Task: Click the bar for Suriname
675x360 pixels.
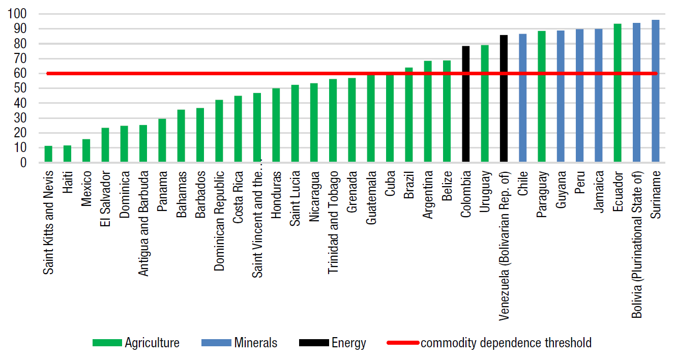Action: coord(655,92)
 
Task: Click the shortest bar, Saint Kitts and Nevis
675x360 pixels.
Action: coord(48,155)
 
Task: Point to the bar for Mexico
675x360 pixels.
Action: coord(86,151)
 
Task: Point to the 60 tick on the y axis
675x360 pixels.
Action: coord(21,74)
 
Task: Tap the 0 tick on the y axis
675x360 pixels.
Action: coord(23,163)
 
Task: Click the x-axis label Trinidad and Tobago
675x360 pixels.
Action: coord(333,216)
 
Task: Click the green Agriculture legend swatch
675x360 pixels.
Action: coord(107,343)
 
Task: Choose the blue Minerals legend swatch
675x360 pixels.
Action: coord(216,343)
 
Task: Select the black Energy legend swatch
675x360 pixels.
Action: coord(313,343)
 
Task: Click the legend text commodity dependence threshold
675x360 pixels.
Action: coord(506,343)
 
